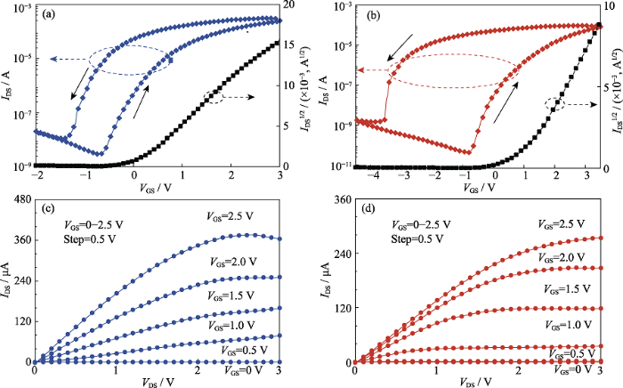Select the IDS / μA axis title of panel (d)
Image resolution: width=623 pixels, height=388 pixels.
coord(328,277)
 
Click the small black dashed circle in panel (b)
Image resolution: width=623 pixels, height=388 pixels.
coord(556,103)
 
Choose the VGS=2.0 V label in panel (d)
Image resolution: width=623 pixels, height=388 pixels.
coord(558,256)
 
